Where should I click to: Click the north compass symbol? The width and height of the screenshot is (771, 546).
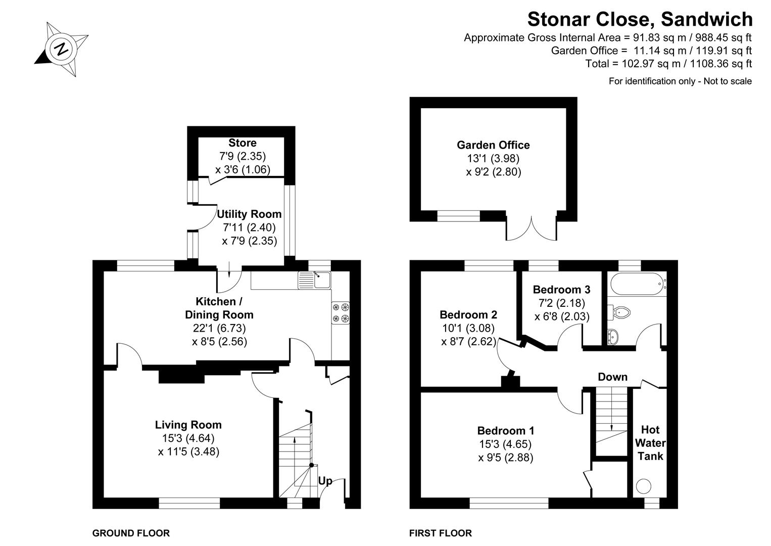62,50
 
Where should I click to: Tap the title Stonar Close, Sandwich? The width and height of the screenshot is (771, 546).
640,19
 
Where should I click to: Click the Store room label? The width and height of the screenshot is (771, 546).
242,143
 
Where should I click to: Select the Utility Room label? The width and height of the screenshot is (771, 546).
249,214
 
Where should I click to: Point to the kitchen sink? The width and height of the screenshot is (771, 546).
314,280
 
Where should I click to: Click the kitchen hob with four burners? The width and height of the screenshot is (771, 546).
341,312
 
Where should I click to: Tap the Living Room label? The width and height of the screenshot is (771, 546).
188,425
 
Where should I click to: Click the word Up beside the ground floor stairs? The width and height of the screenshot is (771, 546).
325,481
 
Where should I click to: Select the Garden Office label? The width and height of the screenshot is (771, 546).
493,145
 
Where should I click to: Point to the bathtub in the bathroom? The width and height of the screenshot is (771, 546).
637,285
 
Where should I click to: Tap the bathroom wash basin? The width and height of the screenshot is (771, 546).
612,335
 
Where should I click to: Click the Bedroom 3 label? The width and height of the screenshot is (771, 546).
561,290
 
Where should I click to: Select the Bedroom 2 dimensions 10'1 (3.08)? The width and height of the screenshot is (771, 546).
468,328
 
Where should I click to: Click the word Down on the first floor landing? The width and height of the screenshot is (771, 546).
612,377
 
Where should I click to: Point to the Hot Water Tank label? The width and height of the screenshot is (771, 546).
650,443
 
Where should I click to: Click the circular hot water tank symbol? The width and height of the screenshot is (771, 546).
644,486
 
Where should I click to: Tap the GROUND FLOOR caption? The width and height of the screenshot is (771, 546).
131,533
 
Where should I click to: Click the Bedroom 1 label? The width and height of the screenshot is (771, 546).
505,431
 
